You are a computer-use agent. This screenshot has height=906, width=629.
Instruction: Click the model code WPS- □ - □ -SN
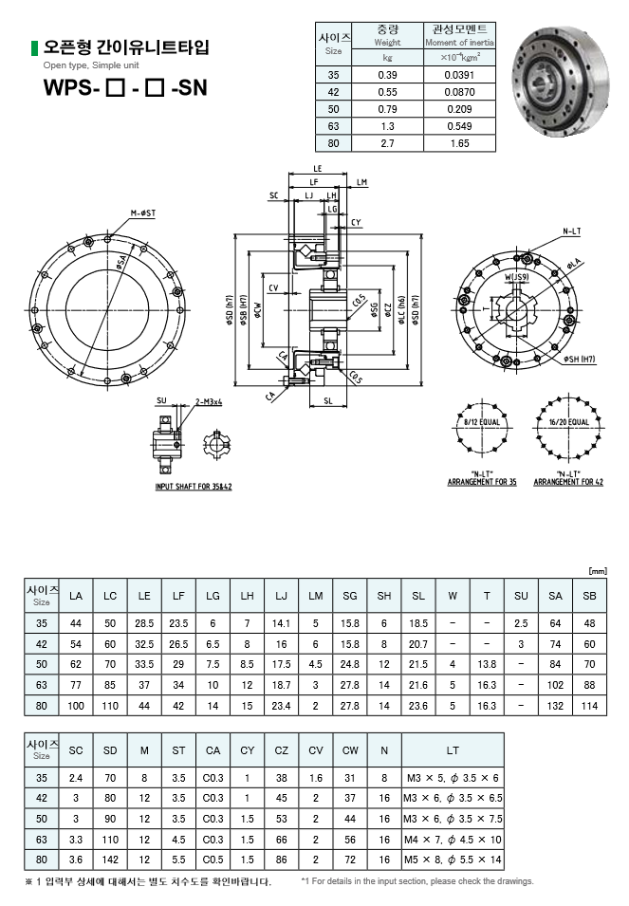[x=124, y=90]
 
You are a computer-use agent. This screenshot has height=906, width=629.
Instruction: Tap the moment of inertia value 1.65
[x=459, y=143]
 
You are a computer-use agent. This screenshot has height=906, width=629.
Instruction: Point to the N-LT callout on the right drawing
[x=571, y=231]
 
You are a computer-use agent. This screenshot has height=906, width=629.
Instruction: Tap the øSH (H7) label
[x=580, y=360]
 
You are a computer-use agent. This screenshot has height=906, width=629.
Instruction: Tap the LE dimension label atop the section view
[x=316, y=168]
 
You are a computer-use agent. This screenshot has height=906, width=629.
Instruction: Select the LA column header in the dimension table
[x=76, y=596]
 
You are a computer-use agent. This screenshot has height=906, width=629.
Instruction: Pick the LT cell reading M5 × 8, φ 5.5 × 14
[x=452, y=860]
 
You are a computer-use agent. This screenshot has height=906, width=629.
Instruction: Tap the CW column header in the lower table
[x=350, y=750]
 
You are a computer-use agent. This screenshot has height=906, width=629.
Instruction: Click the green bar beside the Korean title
[x=34, y=46]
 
